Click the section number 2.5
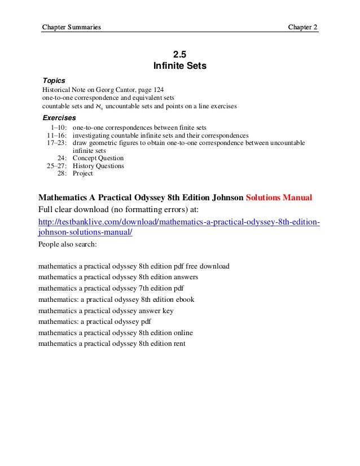(x=179, y=55)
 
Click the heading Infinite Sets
(x=180, y=67)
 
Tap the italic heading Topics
(x=54, y=81)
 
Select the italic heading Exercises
(x=59, y=118)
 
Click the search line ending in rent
(x=112, y=344)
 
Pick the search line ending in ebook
(x=116, y=300)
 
